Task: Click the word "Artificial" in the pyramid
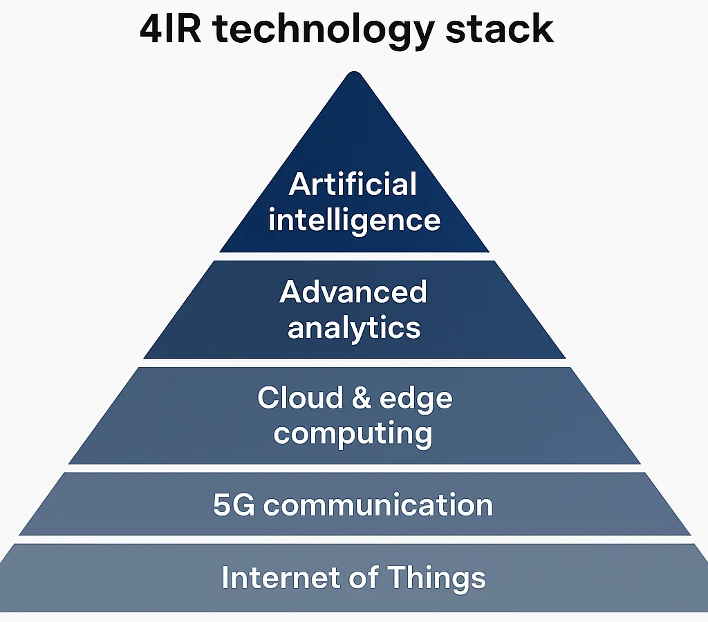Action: (x=353, y=185)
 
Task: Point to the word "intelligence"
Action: (x=354, y=220)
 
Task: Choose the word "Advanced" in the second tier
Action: (x=353, y=292)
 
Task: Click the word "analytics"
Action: (x=354, y=327)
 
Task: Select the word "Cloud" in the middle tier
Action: (x=300, y=398)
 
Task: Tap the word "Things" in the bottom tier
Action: (x=437, y=577)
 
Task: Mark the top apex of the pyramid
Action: (x=354, y=75)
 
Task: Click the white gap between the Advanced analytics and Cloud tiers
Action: (x=354, y=363)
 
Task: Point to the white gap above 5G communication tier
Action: (x=354, y=469)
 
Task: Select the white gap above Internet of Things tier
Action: (x=354, y=539)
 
